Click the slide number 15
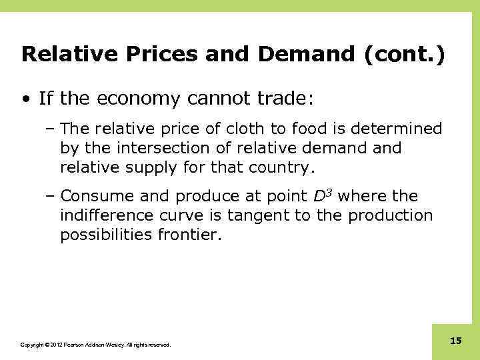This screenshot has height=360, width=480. pos(456,341)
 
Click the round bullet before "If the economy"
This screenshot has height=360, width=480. pos(25,100)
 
